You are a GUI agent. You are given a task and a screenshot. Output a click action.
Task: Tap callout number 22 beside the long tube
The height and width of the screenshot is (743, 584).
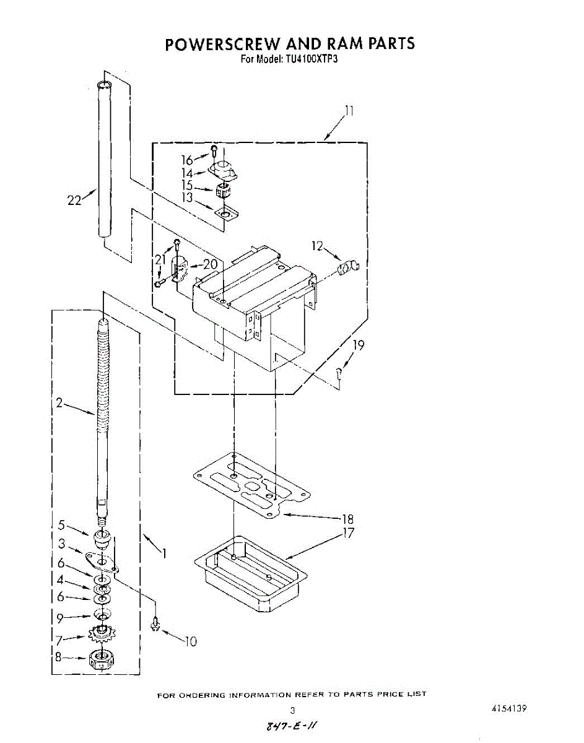(x=74, y=200)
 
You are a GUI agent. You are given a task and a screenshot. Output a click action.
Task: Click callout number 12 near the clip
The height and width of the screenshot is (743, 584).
(x=318, y=246)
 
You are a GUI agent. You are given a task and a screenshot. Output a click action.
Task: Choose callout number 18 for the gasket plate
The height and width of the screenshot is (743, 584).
(x=347, y=519)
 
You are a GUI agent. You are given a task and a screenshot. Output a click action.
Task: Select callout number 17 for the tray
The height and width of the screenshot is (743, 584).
(x=348, y=532)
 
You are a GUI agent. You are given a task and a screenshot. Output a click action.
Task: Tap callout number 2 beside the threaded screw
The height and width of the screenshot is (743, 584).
(x=59, y=402)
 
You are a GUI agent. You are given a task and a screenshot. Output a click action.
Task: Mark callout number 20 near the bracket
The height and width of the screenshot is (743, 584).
(x=211, y=264)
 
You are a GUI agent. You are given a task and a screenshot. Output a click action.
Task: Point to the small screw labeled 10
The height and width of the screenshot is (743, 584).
(x=155, y=626)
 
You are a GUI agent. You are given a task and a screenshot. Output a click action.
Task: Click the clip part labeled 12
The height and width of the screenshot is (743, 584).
(x=348, y=268)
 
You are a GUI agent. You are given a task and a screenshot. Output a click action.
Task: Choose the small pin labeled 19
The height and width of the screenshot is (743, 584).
(x=339, y=373)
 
